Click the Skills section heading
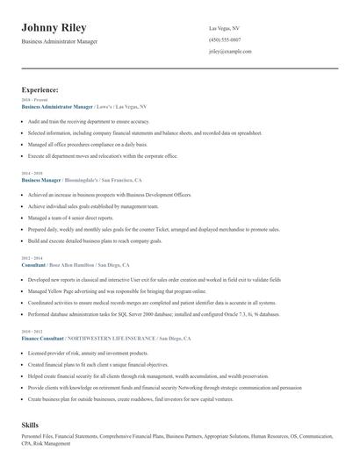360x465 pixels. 31,425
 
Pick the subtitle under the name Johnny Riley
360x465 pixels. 60,41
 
